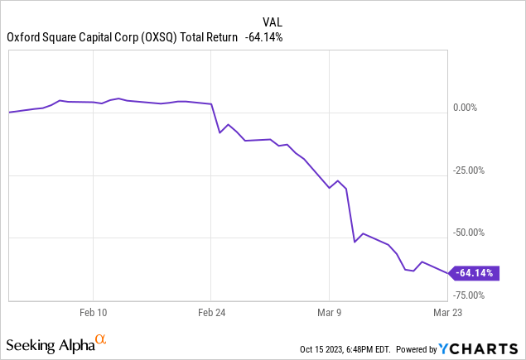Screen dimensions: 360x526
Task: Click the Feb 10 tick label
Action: [x=93, y=313]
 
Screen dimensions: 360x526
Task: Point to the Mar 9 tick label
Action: [x=330, y=313]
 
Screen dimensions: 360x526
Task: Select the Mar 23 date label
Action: [x=447, y=313]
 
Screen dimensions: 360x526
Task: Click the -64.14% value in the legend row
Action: [x=265, y=36]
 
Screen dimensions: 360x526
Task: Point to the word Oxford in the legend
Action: [x=22, y=36]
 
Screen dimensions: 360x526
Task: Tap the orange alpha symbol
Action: [x=100, y=339]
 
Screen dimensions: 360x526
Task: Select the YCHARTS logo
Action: [x=484, y=348]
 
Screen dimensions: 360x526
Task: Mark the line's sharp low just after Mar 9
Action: [x=355, y=242]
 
